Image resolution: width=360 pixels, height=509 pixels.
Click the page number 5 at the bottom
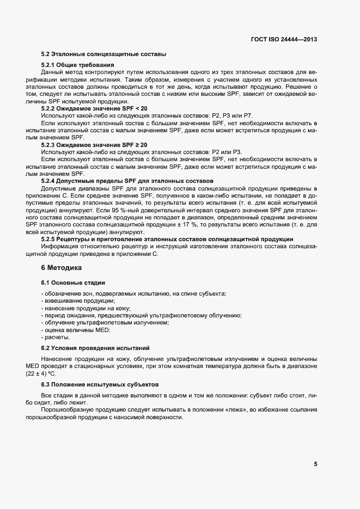click(315, 464)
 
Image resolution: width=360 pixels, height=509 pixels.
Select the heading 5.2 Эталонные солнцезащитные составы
click(103, 54)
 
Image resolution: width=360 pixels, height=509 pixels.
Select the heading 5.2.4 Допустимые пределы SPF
click(127, 180)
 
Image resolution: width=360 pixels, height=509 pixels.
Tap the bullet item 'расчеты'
click(57, 337)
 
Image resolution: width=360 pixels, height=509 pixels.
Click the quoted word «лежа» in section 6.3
click(227, 409)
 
